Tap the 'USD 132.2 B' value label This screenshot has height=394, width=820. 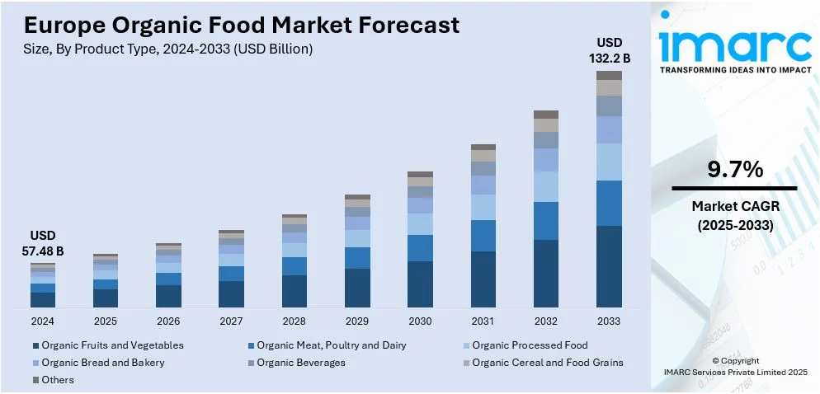pos(609,49)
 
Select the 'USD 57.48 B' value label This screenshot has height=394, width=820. pos(43,243)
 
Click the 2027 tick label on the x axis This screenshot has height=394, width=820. pos(231,321)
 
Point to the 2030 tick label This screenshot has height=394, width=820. pos(420,321)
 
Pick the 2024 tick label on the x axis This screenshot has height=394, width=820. pos(43,321)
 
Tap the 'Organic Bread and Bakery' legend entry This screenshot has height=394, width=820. pos(103,363)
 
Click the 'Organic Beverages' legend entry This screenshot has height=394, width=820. pos(301,363)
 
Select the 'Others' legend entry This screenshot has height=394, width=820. pos(58,380)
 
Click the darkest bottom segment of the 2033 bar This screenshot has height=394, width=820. pos(609,266)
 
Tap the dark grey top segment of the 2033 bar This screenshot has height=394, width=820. pos(609,75)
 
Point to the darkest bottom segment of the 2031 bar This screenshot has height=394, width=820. pos(483,279)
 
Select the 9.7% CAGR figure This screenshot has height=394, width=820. pos(734,170)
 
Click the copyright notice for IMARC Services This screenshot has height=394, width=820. pos(734,367)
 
